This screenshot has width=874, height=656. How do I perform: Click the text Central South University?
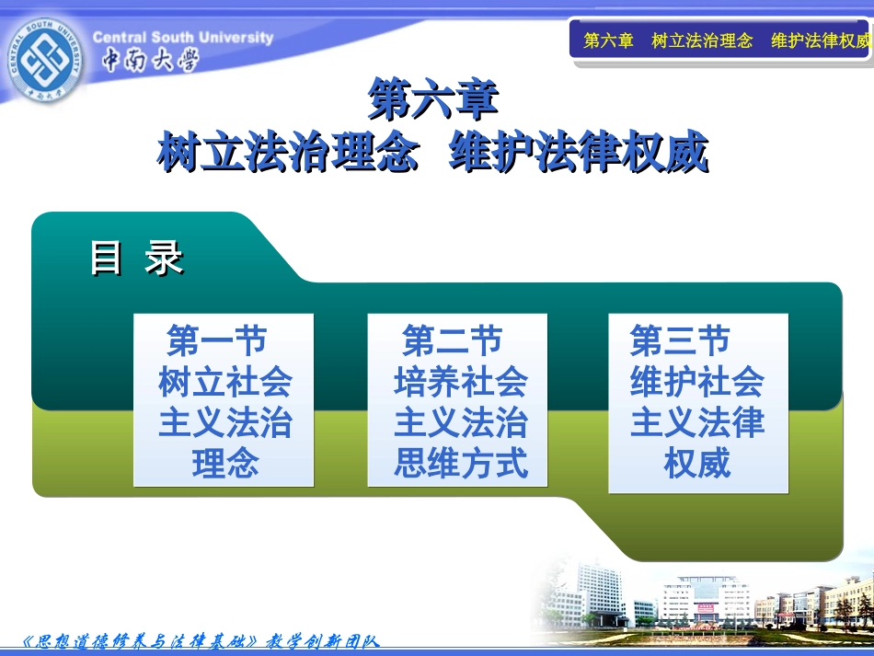pyautogui.click(x=183, y=38)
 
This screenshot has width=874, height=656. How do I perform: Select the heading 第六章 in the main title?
pyautogui.click(x=432, y=99)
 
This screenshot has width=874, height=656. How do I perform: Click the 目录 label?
pyautogui.click(x=136, y=259)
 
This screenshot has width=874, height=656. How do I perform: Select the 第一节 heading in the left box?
pyautogui.click(x=217, y=341)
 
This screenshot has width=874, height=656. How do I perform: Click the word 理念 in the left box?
pyautogui.click(x=224, y=463)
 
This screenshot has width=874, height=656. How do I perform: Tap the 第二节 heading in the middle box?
pyautogui.click(x=453, y=341)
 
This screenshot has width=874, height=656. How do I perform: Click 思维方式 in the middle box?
pyautogui.click(x=461, y=463)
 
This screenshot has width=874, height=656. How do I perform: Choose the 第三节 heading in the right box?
pyautogui.click(x=680, y=341)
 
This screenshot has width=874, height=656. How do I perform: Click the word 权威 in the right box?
pyautogui.click(x=696, y=463)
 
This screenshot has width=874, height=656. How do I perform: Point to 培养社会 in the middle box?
pyautogui.click(x=461, y=382)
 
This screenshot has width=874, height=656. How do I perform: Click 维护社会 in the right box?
pyautogui.click(x=696, y=382)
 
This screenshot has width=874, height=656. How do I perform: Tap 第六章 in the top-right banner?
pyautogui.click(x=609, y=40)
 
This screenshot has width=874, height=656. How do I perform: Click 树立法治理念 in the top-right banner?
pyautogui.click(x=701, y=40)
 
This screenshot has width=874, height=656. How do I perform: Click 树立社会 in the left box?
pyautogui.click(x=224, y=382)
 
